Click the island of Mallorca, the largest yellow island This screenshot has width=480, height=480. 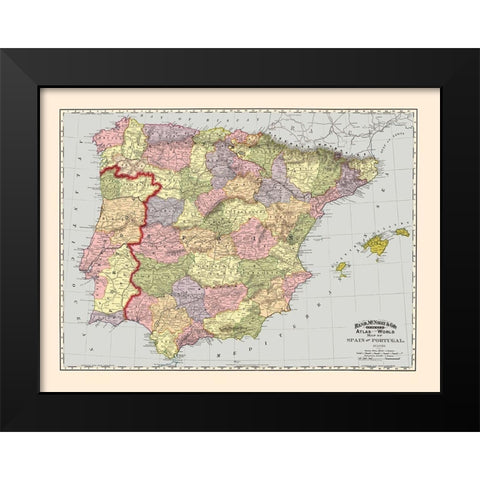(378, 243)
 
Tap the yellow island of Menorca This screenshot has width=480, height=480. (401, 231)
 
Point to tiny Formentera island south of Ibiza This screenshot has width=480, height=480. (343, 279)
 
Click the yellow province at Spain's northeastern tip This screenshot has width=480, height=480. (365, 170)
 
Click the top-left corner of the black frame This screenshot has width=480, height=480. (3, 50)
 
